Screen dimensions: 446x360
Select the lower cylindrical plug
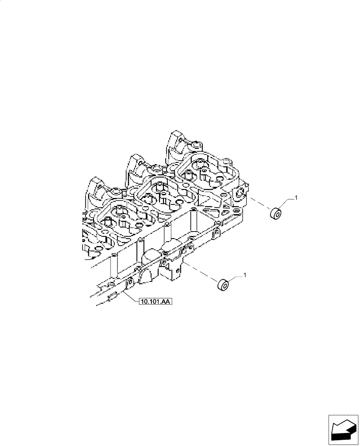[x=222, y=285]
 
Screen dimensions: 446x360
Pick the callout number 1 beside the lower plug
[x=244, y=277]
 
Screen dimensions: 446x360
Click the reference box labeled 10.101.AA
[x=153, y=302]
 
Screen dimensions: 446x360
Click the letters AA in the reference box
[x=164, y=302]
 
